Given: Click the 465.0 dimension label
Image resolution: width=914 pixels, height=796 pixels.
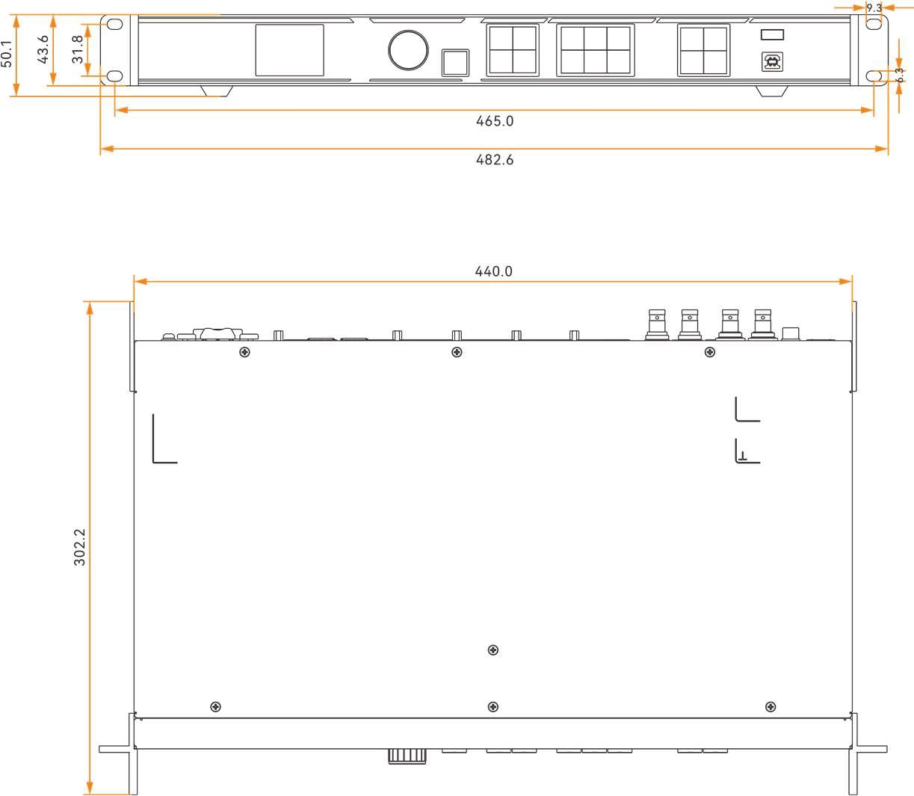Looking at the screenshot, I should (495, 121).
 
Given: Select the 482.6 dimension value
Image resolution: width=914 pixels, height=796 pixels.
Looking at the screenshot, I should (495, 160).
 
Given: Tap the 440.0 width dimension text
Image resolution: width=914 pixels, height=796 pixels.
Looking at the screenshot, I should (494, 272).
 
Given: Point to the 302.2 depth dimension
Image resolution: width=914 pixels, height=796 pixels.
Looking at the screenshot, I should (80, 547).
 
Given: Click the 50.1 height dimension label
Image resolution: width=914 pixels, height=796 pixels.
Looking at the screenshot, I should (7, 54).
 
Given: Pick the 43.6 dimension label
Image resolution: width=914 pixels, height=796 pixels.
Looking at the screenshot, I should (43, 49).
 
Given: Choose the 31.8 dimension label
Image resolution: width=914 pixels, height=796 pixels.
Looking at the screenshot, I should (78, 49).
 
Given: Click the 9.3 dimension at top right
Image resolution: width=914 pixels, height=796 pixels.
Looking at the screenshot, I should (874, 8).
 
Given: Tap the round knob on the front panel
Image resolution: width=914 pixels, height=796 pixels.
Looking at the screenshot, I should (408, 50).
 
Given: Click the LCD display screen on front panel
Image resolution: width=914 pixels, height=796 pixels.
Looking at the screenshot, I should (290, 50).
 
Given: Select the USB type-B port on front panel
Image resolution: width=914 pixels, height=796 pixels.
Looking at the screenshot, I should (771, 61).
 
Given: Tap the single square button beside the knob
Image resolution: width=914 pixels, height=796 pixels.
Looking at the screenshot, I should (455, 62).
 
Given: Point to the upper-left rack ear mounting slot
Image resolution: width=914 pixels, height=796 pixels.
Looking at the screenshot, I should (114, 24).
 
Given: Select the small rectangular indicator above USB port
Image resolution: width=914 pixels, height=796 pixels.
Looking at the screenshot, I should (772, 34).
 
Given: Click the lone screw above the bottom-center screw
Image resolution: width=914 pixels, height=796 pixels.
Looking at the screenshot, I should (492, 650).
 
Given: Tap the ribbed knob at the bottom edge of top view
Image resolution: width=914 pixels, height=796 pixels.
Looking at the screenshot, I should (407, 756).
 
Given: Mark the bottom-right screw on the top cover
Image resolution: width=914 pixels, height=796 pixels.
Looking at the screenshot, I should (771, 707).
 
